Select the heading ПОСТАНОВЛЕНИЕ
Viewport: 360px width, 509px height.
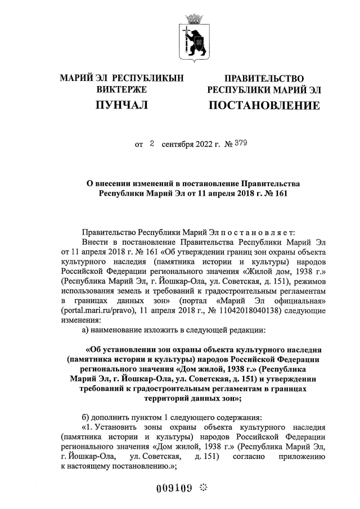coord(264,105)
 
